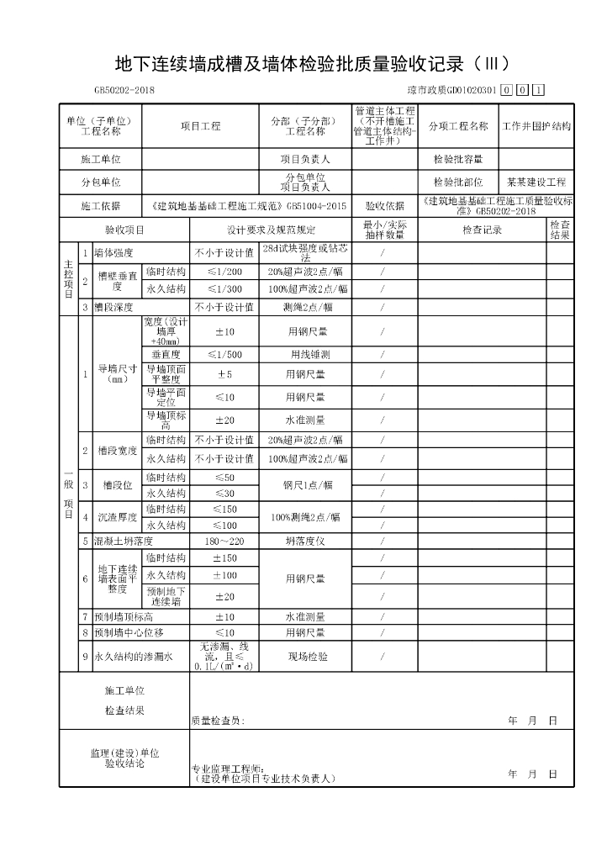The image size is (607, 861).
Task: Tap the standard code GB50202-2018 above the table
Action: pyautogui.click(x=124, y=91)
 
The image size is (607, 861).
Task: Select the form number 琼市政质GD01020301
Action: pyautogui.click(x=451, y=91)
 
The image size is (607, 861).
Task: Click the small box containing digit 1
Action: pyautogui.click(x=538, y=91)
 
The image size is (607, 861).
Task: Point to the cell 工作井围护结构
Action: pyautogui.click(x=536, y=126)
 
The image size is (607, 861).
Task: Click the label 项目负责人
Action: pyautogui.click(x=304, y=159)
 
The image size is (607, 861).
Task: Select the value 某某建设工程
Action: pyautogui.click(x=536, y=182)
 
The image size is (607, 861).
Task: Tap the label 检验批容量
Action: pyautogui.click(x=458, y=159)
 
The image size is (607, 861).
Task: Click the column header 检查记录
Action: pyautogui.click(x=482, y=230)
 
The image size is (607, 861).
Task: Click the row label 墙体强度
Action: pyautogui.click(x=114, y=252)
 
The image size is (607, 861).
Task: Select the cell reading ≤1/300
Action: pyautogui.click(x=224, y=288)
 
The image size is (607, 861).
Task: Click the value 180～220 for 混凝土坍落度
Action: pyautogui.click(x=224, y=541)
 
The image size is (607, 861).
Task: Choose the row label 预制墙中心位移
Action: pyautogui.click(x=129, y=632)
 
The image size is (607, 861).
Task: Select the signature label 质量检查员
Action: pyautogui.click(x=218, y=721)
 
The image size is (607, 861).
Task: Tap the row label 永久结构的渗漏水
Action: pyautogui.click(x=133, y=657)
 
